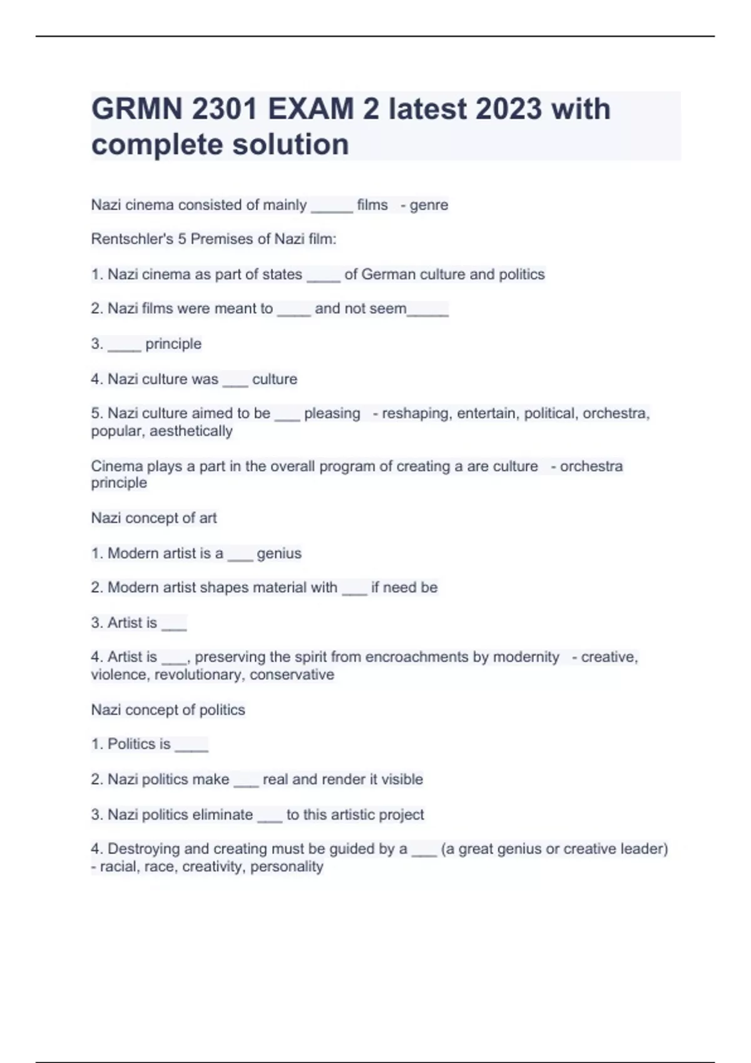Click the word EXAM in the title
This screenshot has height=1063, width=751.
[311, 109]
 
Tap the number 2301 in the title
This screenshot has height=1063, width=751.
[225, 109]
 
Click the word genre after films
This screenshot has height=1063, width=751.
[429, 205]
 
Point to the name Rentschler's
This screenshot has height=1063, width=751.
[132, 239]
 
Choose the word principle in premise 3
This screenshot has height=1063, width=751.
[173, 344]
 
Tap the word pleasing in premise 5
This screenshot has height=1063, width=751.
[332, 413]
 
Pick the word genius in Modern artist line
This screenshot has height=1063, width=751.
[279, 553]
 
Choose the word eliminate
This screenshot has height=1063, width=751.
[223, 815]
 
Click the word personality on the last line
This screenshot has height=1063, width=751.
[287, 867]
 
